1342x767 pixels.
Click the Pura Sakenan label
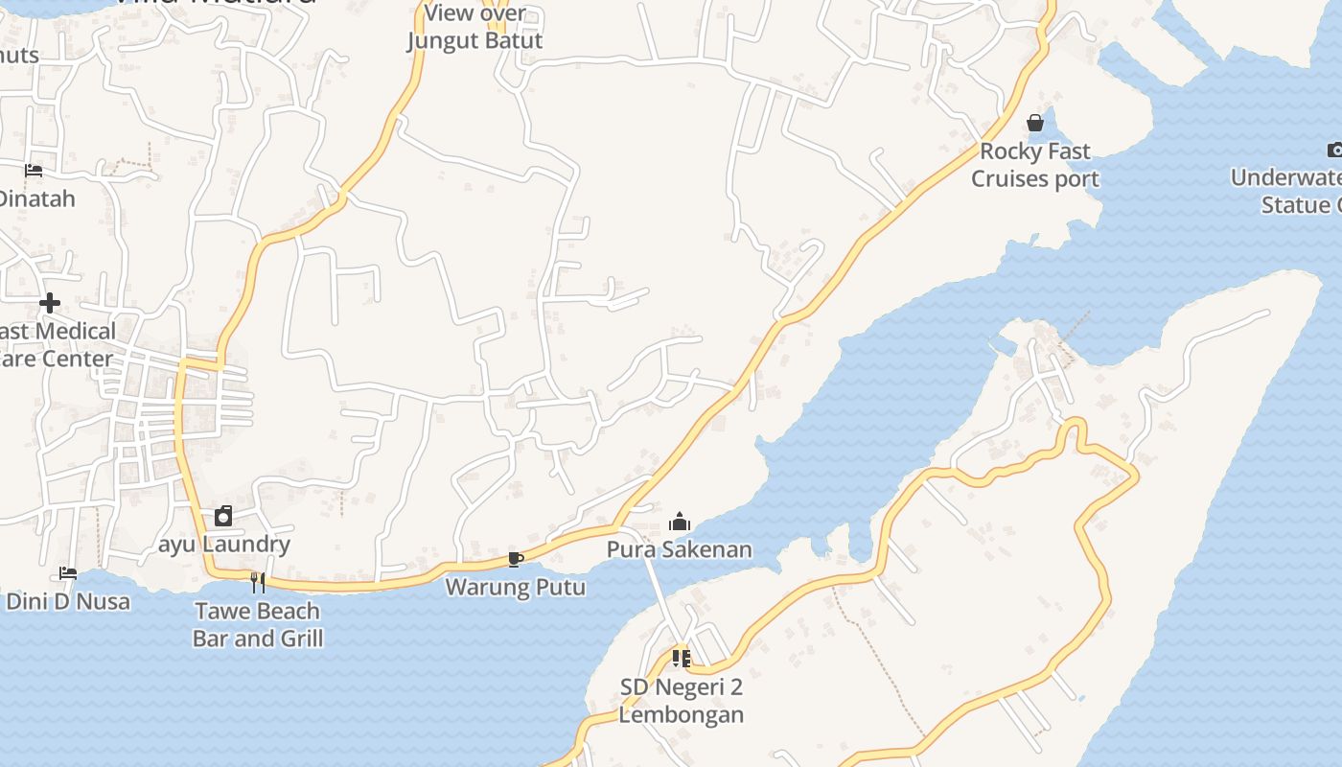(680, 549)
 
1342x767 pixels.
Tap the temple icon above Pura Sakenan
(680, 522)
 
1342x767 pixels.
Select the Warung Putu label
(516, 587)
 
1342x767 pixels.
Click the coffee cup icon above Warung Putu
(515, 560)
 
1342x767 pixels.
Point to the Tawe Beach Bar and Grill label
(258, 624)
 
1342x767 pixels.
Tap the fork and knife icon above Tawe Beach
(257, 582)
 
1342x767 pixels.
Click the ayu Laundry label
(224, 545)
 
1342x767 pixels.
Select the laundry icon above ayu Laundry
(223, 516)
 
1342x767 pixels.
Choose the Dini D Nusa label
(67, 602)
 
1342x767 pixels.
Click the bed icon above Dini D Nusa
(68, 573)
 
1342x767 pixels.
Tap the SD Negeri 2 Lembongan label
(681, 701)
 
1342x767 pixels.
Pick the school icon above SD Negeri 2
(681, 659)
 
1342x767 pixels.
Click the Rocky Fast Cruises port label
(1035, 165)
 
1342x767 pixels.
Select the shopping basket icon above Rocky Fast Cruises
(1035, 123)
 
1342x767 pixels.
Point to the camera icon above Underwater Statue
(1335, 150)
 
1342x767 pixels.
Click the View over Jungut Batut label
(475, 27)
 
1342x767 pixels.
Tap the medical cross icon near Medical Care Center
(50, 304)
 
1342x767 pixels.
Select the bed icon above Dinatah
(34, 172)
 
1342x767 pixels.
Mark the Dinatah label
(36, 199)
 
